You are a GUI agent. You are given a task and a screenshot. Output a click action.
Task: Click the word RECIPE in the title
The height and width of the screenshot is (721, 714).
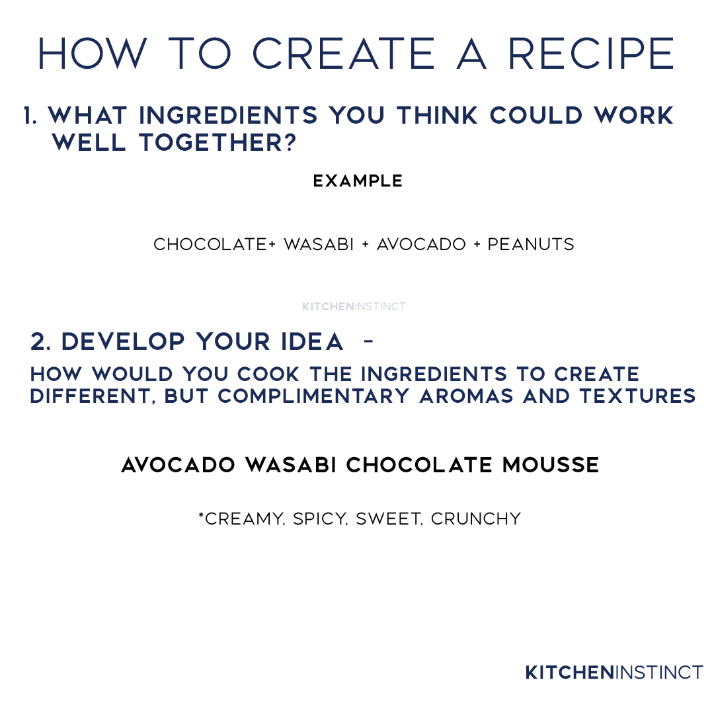tap(591, 54)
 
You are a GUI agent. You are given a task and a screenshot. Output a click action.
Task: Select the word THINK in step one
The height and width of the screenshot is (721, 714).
tap(438, 115)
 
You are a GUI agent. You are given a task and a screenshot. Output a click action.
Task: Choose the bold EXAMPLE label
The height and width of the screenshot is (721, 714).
tap(358, 181)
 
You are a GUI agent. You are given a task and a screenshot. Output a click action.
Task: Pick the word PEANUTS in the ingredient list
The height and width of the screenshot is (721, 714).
tap(531, 244)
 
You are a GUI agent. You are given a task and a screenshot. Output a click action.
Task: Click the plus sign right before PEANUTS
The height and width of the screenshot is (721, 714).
tap(477, 245)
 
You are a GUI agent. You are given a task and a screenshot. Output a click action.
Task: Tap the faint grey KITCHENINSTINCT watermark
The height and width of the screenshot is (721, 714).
tap(354, 306)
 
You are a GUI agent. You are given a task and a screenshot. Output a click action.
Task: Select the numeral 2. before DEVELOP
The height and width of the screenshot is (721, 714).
tap(40, 341)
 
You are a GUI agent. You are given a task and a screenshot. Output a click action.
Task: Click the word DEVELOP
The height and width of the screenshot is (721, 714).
tap(123, 341)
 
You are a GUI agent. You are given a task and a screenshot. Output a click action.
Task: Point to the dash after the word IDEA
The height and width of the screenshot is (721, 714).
tap(368, 341)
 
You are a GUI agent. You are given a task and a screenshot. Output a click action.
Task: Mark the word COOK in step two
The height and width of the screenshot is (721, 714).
tap(268, 374)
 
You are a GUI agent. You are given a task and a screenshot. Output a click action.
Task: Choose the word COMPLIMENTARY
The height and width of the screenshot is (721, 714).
tap(313, 396)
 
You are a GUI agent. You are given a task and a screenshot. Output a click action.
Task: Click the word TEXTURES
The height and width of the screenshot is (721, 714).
tap(638, 396)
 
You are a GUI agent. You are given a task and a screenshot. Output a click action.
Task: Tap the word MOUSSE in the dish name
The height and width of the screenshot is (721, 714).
tap(551, 465)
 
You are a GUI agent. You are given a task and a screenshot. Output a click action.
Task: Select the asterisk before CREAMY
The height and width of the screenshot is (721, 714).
tap(201, 515)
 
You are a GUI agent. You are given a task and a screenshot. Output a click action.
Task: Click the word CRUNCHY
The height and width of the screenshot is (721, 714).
tap(476, 519)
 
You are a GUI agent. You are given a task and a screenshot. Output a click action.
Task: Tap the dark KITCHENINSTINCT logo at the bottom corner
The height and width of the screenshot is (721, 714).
tap(614, 673)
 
